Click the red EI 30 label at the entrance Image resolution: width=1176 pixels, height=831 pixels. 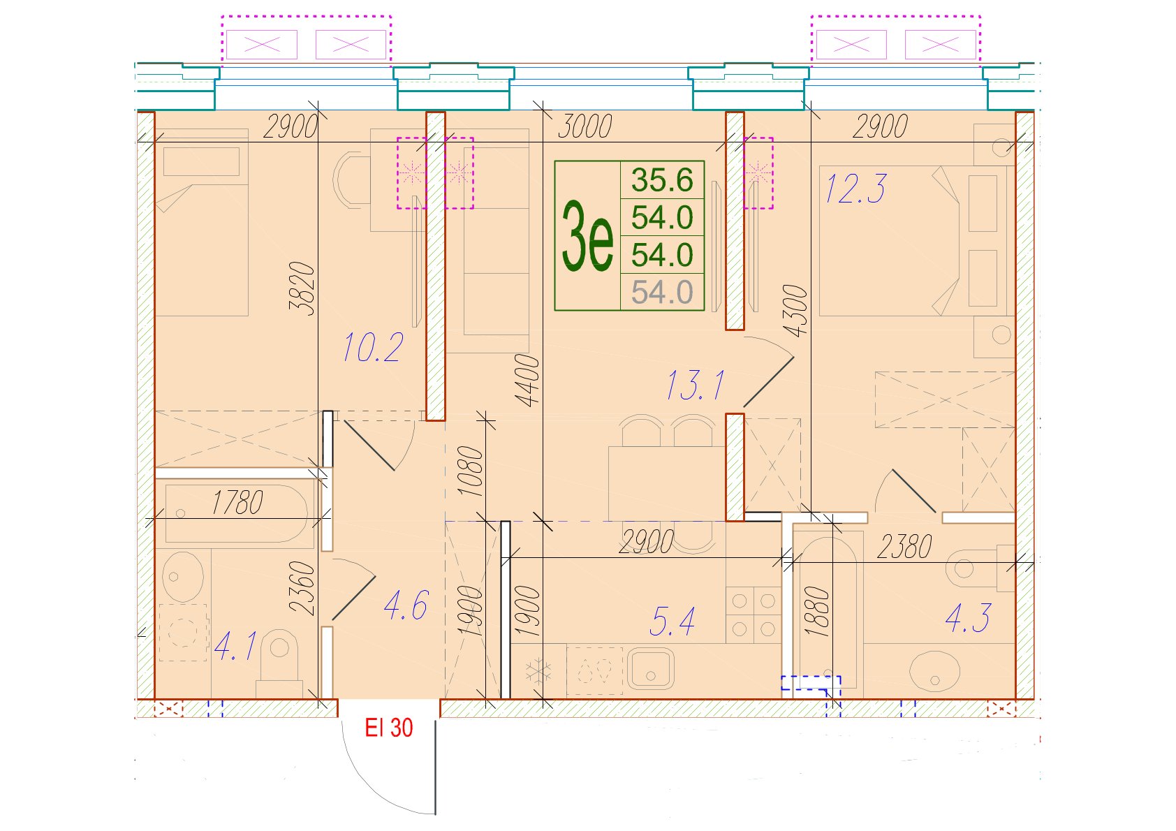(x=388, y=728)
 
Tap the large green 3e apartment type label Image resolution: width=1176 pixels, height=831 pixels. (x=587, y=236)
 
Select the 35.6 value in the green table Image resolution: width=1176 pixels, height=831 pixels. (x=662, y=179)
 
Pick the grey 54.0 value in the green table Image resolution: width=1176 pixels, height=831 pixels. (x=662, y=292)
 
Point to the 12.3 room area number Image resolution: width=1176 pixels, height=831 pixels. (x=855, y=189)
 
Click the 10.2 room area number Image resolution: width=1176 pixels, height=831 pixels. (x=373, y=347)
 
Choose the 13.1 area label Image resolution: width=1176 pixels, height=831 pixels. (x=695, y=385)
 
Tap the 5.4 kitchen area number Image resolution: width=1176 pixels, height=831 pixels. (x=672, y=621)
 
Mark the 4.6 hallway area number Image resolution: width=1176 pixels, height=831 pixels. (x=406, y=605)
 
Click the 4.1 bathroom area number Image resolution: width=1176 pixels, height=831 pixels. (x=235, y=646)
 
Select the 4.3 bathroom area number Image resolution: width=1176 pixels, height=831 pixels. (x=968, y=618)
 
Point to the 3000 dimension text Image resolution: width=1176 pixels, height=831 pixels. (x=585, y=126)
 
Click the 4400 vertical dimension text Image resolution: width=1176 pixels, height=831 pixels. (x=527, y=381)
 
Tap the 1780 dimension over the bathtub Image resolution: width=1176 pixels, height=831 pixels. (x=237, y=502)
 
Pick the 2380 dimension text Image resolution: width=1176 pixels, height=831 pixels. (x=904, y=547)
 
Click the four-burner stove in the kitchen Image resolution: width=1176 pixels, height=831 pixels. (x=754, y=615)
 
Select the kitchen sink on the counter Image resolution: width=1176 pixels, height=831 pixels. (x=650, y=668)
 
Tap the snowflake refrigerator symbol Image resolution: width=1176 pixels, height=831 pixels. (x=538, y=671)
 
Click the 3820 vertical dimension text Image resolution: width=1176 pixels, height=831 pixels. (x=302, y=288)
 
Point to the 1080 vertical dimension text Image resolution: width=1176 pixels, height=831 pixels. (x=470, y=471)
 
